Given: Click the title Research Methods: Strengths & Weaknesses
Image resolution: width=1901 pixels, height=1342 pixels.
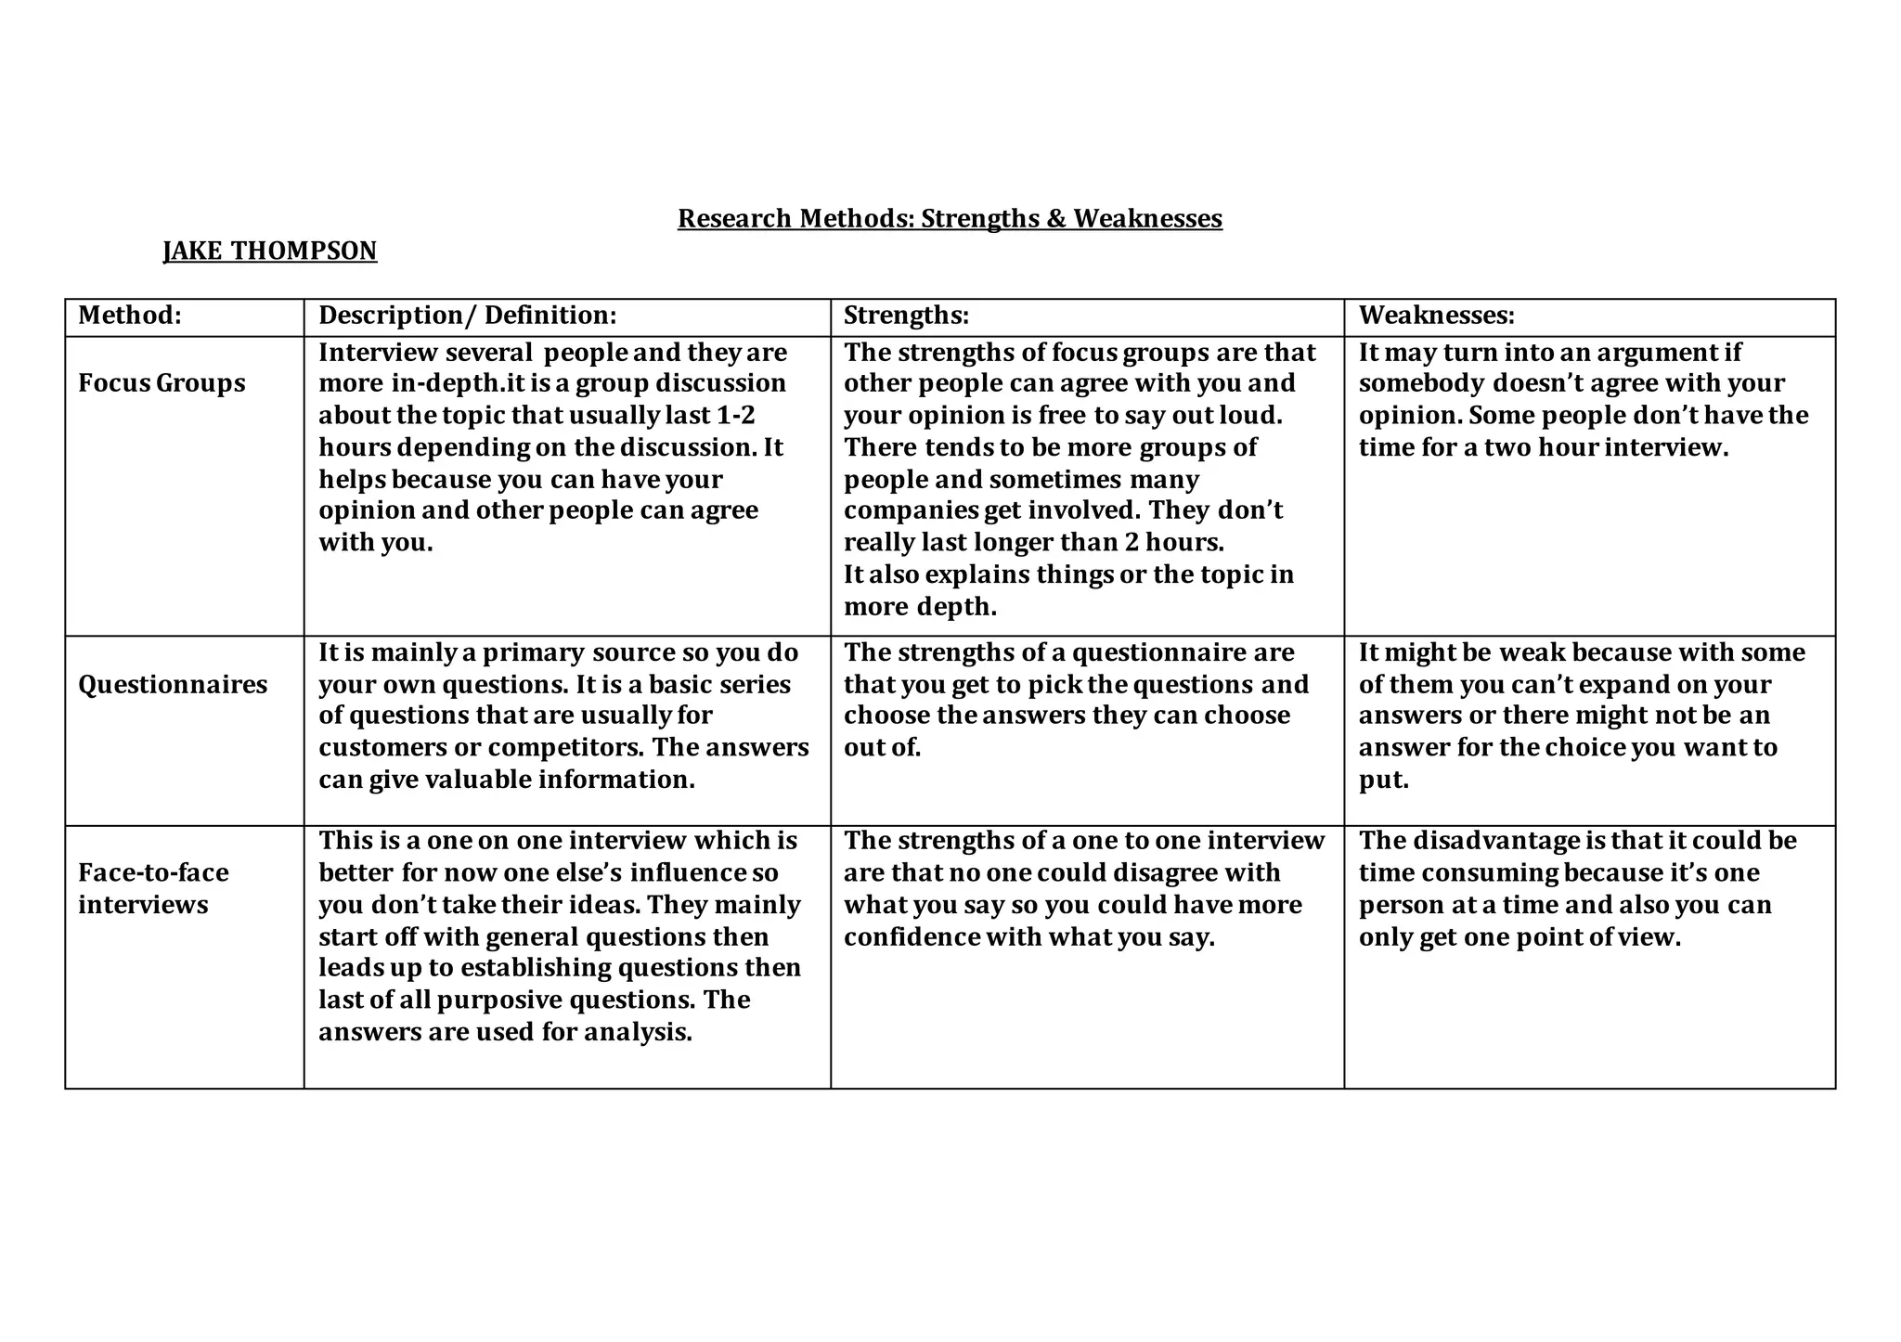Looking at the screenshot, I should [x=950, y=218].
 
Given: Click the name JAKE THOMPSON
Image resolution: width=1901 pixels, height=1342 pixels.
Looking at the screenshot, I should [x=270, y=251].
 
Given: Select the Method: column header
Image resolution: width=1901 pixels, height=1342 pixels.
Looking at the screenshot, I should [x=130, y=316].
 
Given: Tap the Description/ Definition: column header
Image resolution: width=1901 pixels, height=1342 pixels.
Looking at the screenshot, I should [x=467, y=316].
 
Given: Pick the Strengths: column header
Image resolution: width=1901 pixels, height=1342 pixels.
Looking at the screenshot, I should [x=906, y=316].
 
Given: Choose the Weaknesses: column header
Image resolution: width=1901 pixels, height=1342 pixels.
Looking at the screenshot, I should [x=1436, y=316].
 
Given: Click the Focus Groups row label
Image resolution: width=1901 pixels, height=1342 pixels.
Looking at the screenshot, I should [x=162, y=383].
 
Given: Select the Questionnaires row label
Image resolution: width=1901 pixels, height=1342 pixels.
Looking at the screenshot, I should [x=173, y=685].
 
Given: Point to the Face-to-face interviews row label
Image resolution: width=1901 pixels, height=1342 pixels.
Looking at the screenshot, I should [x=153, y=888].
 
